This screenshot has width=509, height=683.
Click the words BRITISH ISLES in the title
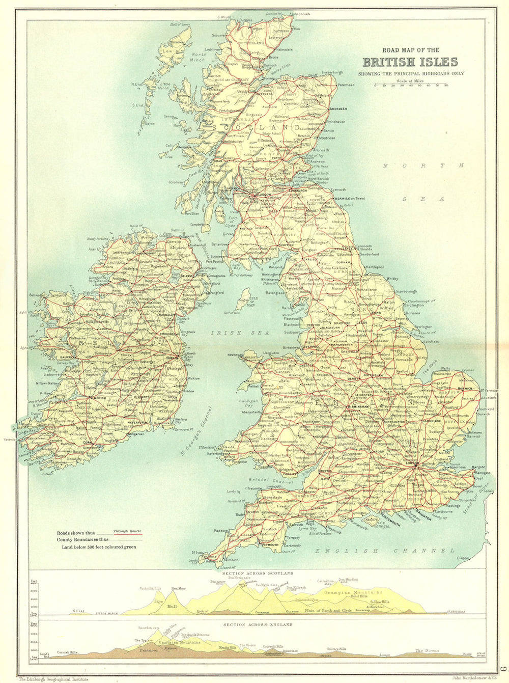[410, 63]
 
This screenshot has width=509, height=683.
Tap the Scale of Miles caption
[410, 80]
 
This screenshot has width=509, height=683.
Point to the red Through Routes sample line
[127, 535]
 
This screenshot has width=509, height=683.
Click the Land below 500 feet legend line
[99, 547]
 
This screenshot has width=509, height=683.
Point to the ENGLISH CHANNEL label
[384, 551]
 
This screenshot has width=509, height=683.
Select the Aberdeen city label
[338, 109]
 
